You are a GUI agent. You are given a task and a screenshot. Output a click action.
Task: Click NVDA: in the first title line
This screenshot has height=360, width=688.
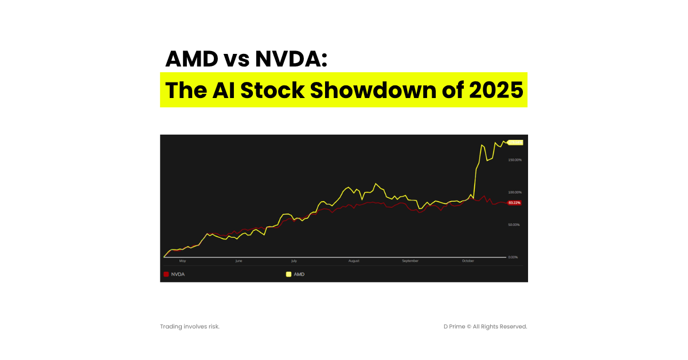[x=292, y=59]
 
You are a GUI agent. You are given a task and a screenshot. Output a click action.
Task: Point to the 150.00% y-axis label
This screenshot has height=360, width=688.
[x=514, y=159]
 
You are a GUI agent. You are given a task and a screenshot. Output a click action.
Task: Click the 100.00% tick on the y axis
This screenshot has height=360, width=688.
[x=514, y=192]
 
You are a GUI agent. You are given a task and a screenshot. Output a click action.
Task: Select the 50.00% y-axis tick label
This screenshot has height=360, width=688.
[x=514, y=225]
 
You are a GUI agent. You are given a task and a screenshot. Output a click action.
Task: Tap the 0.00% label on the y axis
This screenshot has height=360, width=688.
[x=513, y=257]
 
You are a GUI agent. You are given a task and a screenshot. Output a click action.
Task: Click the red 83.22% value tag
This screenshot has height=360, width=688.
[x=515, y=203]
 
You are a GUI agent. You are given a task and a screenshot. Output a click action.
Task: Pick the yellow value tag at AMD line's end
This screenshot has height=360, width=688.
[x=515, y=142]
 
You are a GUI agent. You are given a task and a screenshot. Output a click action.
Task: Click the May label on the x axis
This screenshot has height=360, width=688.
[x=183, y=261]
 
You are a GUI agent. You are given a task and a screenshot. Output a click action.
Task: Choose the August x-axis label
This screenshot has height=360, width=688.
[x=354, y=261]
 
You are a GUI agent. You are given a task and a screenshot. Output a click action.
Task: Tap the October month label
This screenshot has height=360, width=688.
[x=468, y=261]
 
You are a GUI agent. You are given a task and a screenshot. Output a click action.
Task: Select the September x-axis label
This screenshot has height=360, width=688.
[x=410, y=261]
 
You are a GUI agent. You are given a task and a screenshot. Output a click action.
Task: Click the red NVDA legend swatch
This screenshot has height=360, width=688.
[x=166, y=274]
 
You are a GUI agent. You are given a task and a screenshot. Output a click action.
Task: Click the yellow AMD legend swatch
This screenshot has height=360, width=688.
[x=289, y=274]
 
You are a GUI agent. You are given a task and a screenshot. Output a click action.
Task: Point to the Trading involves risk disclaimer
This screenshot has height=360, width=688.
[x=190, y=326]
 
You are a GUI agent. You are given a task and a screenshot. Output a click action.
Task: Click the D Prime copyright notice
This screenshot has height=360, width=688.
[x=485, y=326]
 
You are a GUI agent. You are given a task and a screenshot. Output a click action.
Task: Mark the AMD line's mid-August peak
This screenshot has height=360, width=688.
[x=376, y=183]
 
